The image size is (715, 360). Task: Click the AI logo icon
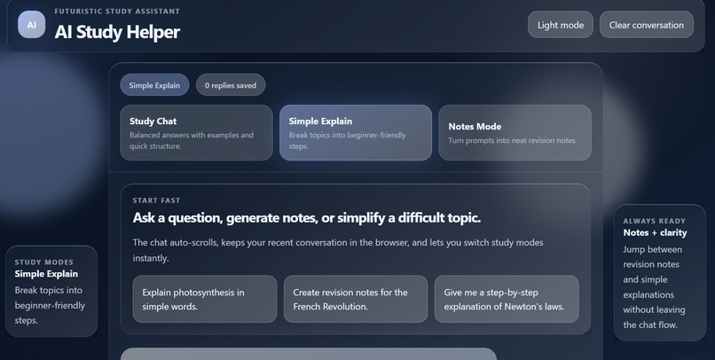[x=31, y=25]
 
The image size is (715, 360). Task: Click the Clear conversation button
[x=646, y=25]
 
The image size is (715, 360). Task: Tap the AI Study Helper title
[x=117, y=32]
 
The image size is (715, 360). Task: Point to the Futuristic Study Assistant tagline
[x=117, y=12]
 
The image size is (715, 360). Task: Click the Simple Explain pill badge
[x=154, y=85]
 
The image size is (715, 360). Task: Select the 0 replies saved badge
[x=231, y=85]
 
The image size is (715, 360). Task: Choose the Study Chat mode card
[x=196, y=133]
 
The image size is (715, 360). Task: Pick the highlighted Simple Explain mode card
[x=355, y=133]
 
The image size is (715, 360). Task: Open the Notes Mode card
[x=515, y=133]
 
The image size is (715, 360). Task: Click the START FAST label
[x=156, y=200]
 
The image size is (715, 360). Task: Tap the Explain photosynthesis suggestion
[x=204, y=299]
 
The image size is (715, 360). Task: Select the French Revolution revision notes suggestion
[x=355, y=299]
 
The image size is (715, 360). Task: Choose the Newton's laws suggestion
[x=506, y=299]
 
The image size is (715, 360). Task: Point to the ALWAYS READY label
[x=654, y=222]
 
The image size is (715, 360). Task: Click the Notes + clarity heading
[x=655, y=233]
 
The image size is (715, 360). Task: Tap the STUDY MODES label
[x=44, y=262]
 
